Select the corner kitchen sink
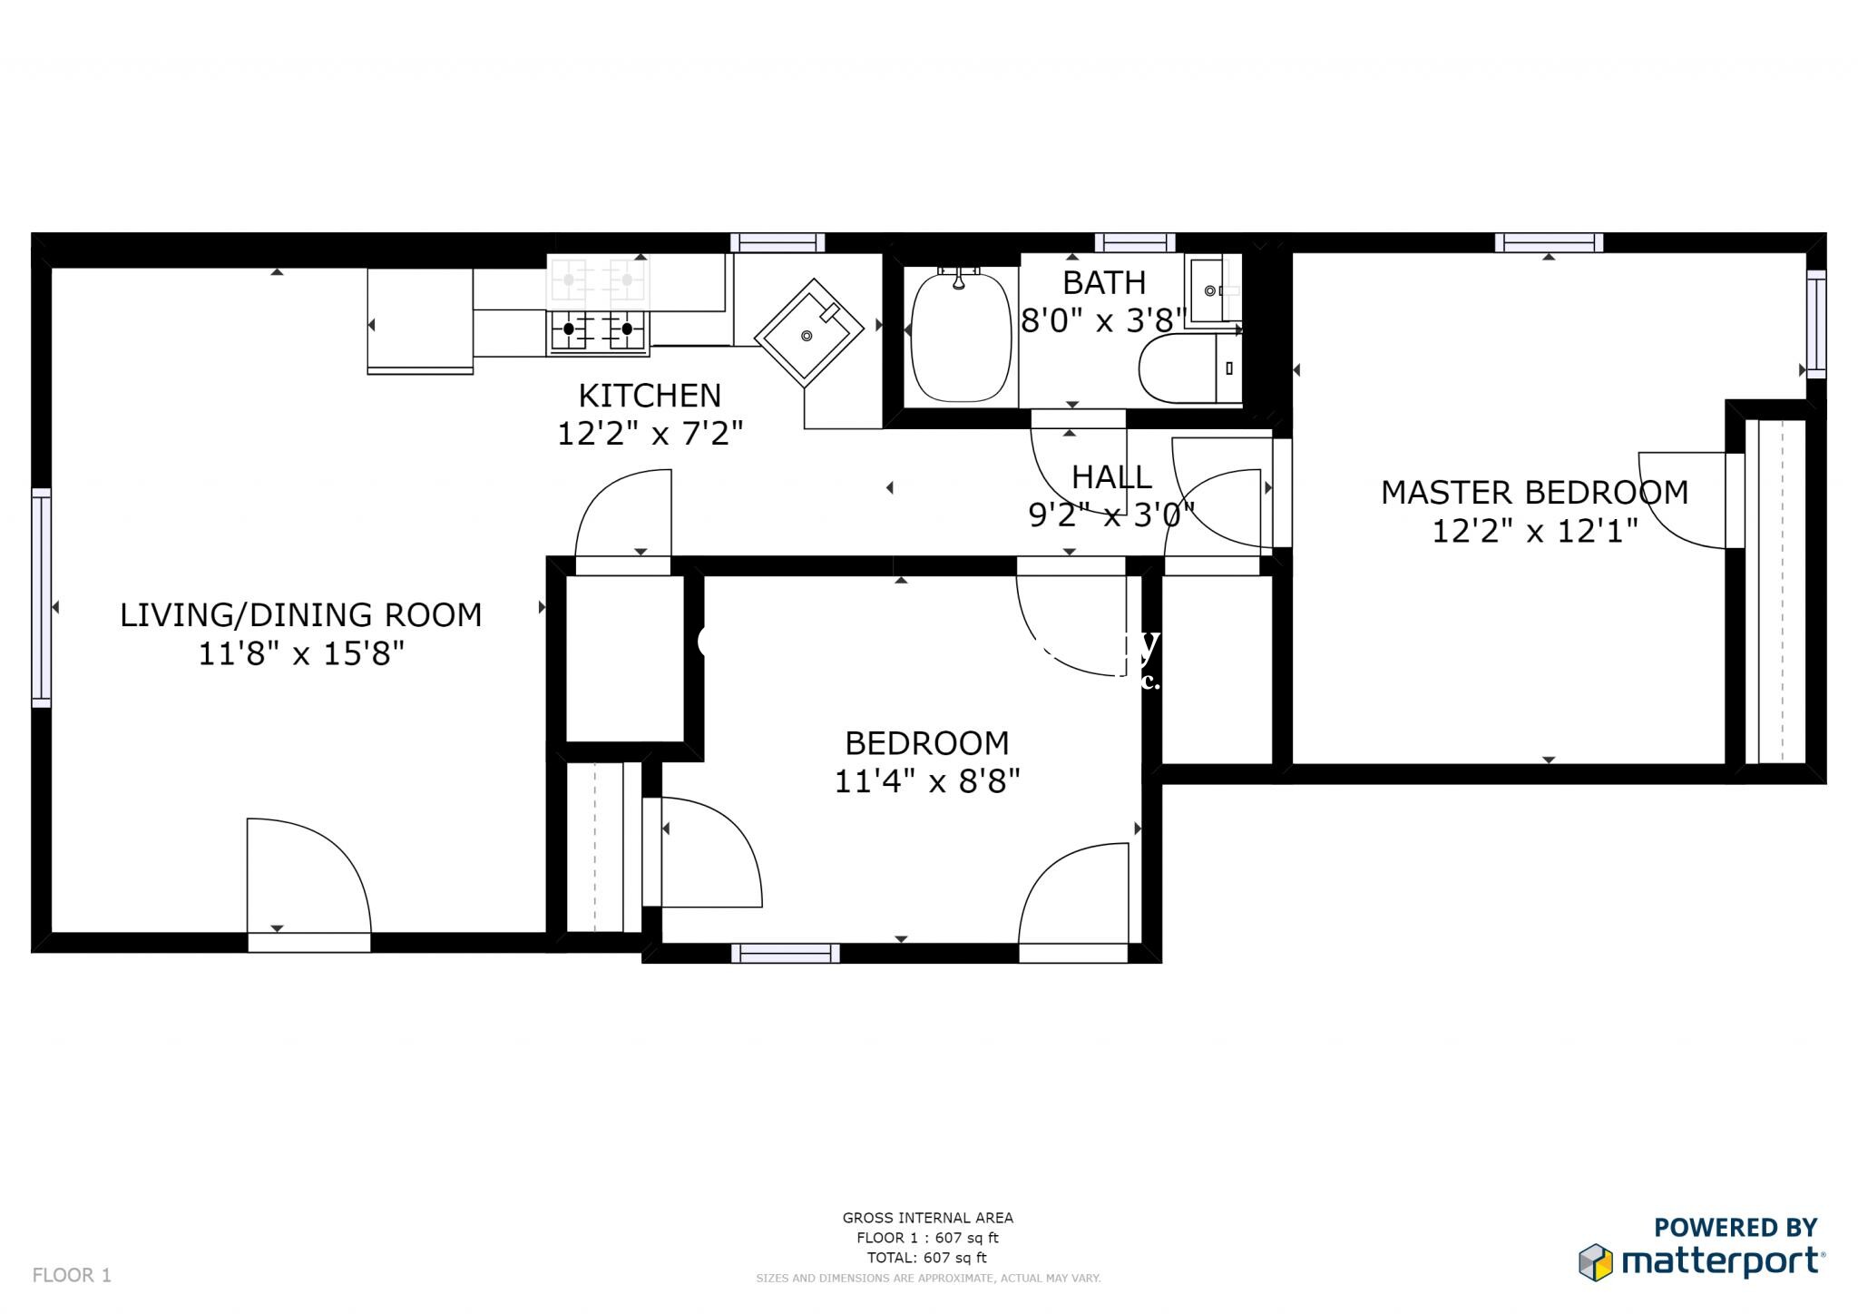808,333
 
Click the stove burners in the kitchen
597,329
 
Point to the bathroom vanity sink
1211,290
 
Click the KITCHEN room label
650,396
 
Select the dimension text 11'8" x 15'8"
301,653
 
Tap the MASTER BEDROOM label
1534,493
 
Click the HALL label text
1111,477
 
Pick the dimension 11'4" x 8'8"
927,781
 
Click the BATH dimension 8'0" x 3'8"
1104,320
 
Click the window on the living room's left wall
42,597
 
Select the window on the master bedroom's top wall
1549,242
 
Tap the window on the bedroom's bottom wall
785,953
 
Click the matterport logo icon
1595,1262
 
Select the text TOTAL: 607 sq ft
926,1258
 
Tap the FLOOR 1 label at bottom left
72,1275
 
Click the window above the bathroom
1134,242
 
